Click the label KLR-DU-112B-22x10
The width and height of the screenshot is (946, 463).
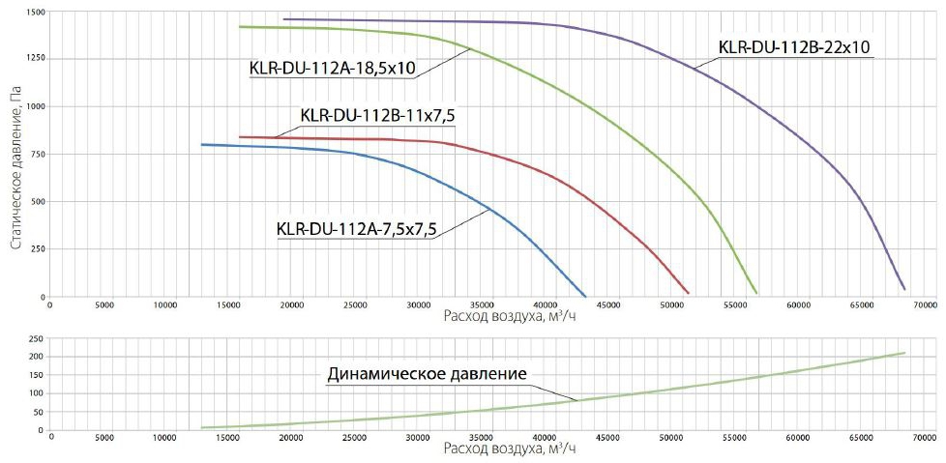click(x=796, y=46)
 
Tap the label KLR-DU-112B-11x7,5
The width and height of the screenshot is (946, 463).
click(x=378, y=116)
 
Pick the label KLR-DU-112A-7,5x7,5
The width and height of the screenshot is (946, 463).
click(x=357, y=229)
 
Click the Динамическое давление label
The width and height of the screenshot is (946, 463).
click(x=428, y=373)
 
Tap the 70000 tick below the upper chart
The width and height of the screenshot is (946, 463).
click(x=925, y=304)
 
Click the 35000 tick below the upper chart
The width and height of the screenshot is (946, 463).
click(x=481, y=304)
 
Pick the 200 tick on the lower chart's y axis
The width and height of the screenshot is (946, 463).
click(x=36, y=357)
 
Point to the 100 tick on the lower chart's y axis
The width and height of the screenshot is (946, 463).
click(x=36, y=393)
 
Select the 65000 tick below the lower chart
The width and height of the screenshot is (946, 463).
click(x=861, y=438)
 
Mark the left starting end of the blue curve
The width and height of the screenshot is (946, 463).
click(x=201, y=145)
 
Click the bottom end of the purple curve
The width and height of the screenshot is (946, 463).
click(x=904, y=289)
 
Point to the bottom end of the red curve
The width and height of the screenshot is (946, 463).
click(x=688, y=293)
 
